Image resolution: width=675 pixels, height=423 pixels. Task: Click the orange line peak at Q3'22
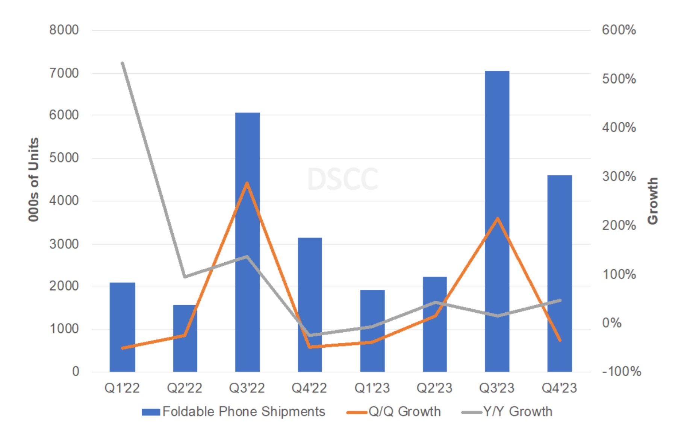coord(247,183)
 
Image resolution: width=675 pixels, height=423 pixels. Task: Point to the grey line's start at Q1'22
coord(123,63)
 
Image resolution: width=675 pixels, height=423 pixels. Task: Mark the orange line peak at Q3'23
coord(498,219)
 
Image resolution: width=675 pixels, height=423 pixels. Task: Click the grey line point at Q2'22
coord(185,277)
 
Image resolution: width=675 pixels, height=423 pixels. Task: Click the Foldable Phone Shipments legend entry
coord(233,412)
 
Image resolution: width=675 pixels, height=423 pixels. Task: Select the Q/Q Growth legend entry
coord(393,412)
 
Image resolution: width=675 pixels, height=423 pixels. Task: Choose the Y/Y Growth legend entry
coord(507,412)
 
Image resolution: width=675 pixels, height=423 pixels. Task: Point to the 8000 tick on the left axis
coord(64,30)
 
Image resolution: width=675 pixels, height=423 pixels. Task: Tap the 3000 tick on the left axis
coord(64,244)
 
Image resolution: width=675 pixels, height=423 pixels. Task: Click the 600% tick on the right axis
coord(619,30)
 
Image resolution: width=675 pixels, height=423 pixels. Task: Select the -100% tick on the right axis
coord(621,372)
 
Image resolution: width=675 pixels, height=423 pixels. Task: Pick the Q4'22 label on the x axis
coord(309,388)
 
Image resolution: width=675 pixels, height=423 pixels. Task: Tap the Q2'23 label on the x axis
coord(434,388)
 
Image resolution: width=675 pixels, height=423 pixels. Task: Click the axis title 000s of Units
coord(34,180)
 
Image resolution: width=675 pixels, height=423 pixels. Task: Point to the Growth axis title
coord(653,201)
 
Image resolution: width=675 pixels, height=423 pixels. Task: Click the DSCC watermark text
coord(342,179)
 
